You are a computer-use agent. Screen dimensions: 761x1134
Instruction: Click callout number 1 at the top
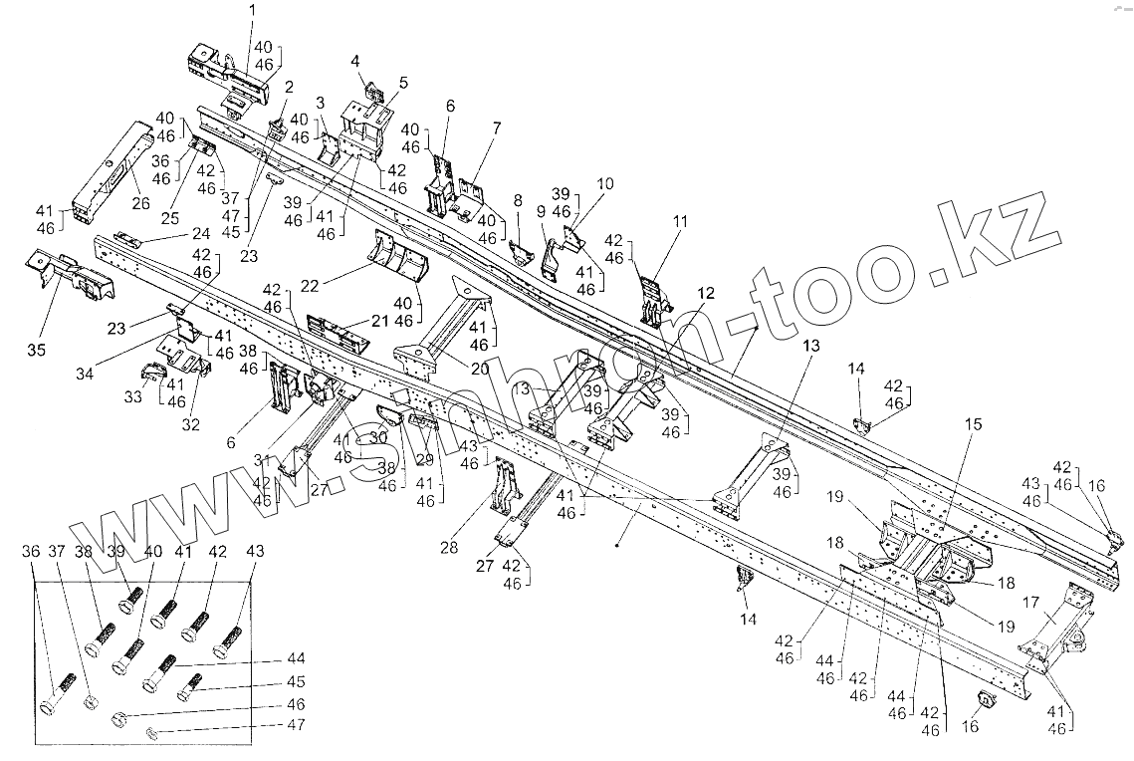pos(251,10)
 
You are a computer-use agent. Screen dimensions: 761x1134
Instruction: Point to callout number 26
pos(140,203)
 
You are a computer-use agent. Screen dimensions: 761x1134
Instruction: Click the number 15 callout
pos(973,423)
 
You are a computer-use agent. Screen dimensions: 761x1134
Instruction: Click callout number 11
pos(680,221)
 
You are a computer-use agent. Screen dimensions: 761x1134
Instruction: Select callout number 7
pos(496,127)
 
